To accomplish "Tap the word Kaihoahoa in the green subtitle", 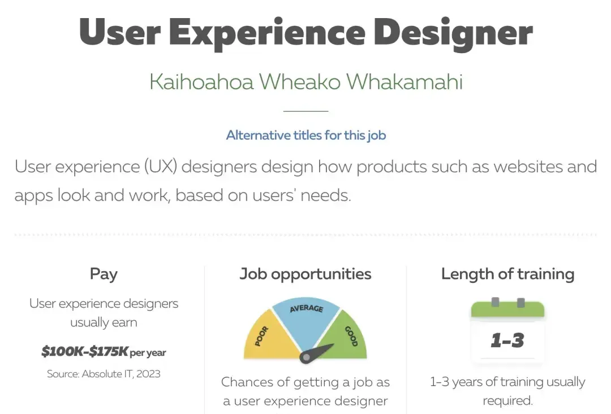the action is coord(201,82).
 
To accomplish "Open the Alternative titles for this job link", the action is coord(306,135).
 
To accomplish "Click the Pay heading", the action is coord(104,274).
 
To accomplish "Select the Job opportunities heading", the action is coord(305,274).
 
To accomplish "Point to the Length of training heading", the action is coord(507,274).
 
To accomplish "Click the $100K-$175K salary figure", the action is coord(84,351).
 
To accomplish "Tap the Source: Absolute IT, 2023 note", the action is coord(104,374).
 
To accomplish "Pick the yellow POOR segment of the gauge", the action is coord(269,338).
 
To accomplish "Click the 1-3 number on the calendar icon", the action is coord(507,341).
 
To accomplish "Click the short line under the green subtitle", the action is coord(306,111).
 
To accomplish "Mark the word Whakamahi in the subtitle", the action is coord(405,82).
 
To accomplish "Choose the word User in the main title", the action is coord(120,32).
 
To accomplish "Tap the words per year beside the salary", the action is coord(148,353).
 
